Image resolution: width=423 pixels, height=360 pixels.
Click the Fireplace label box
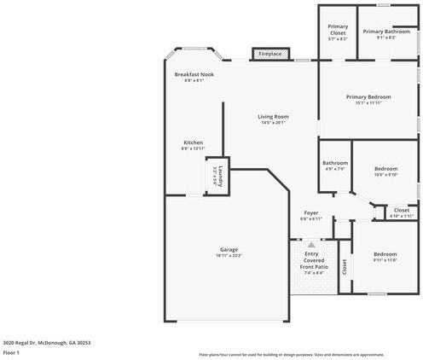point(270,54)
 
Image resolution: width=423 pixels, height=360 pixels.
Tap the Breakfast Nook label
point(194,75)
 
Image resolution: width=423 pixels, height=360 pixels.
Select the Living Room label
point(274,117)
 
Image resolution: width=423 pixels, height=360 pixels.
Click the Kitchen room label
point(194,142)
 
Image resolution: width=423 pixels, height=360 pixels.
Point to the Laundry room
point(217,177)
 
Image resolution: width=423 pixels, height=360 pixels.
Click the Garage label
point(229,249)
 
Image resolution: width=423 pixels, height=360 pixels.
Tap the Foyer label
point(311,213)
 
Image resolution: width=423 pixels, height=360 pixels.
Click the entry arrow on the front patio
point(311,244)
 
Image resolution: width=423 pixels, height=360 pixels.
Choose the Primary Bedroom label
point(368,96)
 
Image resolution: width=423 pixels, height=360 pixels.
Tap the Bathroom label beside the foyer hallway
point(334,163)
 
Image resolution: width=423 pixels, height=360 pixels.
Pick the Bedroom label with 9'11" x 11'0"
point(385,253)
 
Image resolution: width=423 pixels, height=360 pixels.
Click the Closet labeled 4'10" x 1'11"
point(401,210)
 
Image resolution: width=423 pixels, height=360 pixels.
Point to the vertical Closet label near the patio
point(345,268)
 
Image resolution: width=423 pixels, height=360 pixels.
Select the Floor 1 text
point(11,351)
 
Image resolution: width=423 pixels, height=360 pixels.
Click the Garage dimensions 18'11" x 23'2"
point(229,256)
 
